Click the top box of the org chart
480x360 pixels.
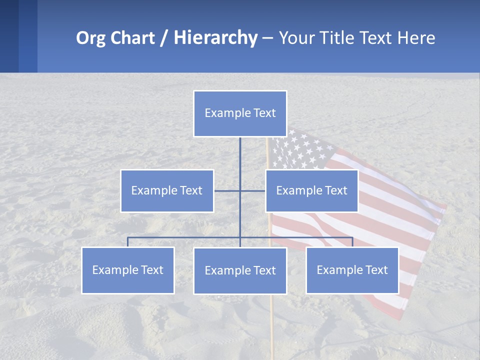pos(240,113)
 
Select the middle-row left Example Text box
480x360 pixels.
pos(167,190)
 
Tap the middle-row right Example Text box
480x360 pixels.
pos(311,190)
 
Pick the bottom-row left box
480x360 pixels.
pos(128,270)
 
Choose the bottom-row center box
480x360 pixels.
pos(240,270)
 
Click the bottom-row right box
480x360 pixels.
pos(352,270)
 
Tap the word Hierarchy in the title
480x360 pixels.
pos(215,38)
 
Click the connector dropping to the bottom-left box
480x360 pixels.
pos(128,242)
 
